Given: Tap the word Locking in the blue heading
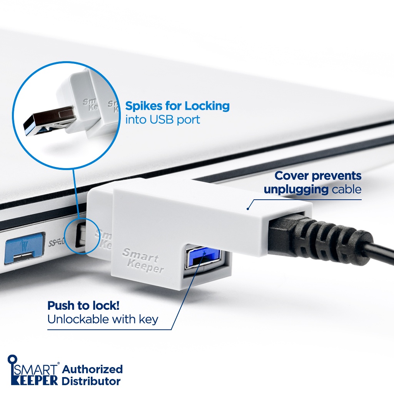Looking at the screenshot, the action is click(207, 106).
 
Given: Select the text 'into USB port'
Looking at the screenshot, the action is click(163, 120).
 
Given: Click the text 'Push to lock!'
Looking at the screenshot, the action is click(83, 306).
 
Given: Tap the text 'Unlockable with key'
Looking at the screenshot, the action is click(102, 319).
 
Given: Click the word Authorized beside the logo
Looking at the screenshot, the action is click(92, 369).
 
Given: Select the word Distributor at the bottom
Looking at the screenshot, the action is click(91, 382).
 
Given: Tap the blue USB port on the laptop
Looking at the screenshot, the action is click(24, 248).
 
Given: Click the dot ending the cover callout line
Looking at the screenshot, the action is click(248, 209).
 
